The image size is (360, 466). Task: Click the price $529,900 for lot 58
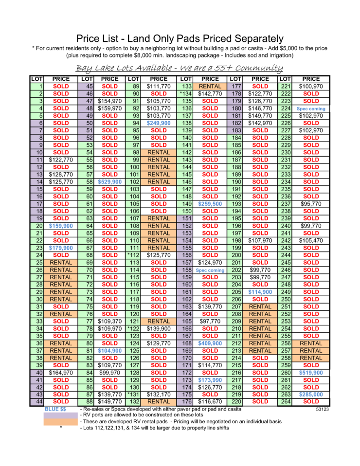click(x=109, y=182)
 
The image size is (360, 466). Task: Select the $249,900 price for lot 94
click(x=159, y=123)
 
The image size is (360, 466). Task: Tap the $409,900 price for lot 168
click(x=210, y=343)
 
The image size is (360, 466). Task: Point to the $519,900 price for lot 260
click(x=311, y=373)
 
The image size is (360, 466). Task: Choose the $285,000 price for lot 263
click(x=311, y=394)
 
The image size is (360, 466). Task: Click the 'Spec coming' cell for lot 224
click(x=311, y=109)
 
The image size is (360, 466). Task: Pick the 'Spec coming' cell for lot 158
click(x=210, y=270)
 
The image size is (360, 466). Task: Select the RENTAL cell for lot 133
click(x=210, y=87)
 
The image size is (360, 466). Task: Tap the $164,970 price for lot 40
click(x=61, y=373)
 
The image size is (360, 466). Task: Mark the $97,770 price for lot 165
click(x=210, y=321)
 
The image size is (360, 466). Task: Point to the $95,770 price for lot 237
click(x=311, y=204)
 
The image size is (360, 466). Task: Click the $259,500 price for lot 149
click(x=210, y=204)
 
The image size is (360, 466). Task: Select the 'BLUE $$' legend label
click(x=55, y=409)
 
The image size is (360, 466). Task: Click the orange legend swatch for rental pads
click(x=61, y=422)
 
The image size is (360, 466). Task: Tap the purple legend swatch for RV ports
click(x=61, y=415)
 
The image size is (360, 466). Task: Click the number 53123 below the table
click(x=322, y=409)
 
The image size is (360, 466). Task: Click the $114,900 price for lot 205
click(x=260, y=292)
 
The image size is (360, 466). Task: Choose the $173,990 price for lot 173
click(x=210, y=380)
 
